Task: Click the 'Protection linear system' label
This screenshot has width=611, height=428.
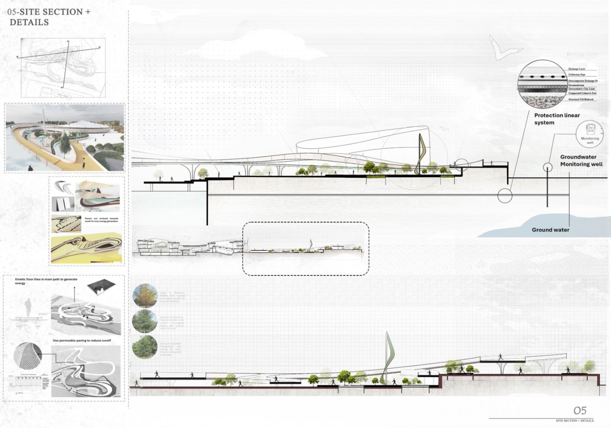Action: point(556,119)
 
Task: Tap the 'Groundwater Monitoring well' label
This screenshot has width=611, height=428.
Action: point(581,160)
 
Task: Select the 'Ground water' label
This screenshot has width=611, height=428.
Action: point(550,230)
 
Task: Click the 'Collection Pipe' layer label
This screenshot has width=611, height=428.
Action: point(577,74)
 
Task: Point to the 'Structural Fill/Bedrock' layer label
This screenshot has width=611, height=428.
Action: point(581,99)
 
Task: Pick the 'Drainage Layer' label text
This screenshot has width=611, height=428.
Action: point(577,69)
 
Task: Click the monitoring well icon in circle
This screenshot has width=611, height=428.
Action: point(590,134)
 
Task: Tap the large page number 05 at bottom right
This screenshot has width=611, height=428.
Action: point(580,410)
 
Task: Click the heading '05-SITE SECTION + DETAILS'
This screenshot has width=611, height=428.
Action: point(49,17)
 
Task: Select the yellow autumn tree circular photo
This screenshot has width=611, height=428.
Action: point(145,296)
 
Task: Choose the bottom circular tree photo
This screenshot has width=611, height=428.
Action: point(145,347)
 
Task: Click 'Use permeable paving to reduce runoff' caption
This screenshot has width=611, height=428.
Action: point(82,341)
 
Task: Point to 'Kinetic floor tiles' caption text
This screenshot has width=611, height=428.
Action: point(46,281)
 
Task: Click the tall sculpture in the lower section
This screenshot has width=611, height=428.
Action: point(389,357)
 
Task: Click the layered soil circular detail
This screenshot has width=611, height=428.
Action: point(542,84)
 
